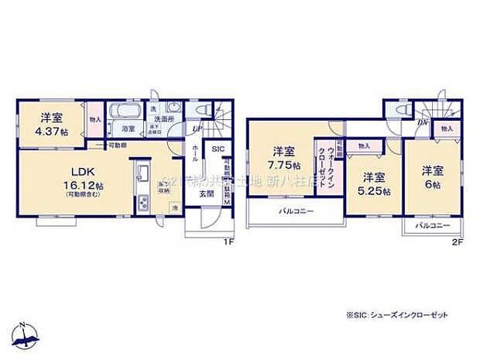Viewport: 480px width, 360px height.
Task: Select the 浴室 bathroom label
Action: coord(128,129)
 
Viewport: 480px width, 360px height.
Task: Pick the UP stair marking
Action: coord(197,129)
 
